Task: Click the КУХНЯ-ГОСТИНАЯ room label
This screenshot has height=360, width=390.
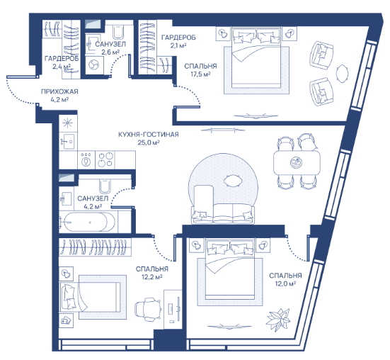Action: [149, 135]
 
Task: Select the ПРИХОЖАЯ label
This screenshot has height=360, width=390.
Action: [59, 91]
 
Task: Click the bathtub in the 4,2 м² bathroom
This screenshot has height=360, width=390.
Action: [87, 222]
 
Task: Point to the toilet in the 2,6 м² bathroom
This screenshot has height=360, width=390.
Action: [118, 32]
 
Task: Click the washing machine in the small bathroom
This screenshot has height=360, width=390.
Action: [94, 64]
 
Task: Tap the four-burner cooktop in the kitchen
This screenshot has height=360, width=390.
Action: [105, 159]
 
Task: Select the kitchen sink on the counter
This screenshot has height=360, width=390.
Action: [67, 141]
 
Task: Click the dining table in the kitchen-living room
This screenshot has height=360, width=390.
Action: [297, 162]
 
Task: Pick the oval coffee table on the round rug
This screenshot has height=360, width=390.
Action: [233, 180]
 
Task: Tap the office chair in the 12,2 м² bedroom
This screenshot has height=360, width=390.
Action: [148, 309]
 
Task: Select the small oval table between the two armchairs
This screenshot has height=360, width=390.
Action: [343, 74]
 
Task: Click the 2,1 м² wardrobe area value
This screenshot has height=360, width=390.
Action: [178, 45]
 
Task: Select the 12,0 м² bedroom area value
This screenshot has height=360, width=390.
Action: [285, 283]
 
